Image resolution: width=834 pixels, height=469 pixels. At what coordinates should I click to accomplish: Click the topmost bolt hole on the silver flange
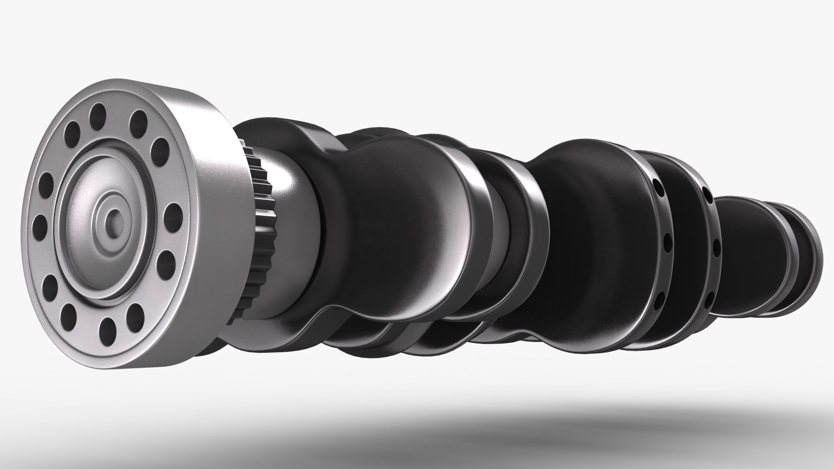tap(98, 114)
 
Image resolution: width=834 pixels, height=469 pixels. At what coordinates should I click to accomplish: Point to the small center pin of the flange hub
tap(114, 216)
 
